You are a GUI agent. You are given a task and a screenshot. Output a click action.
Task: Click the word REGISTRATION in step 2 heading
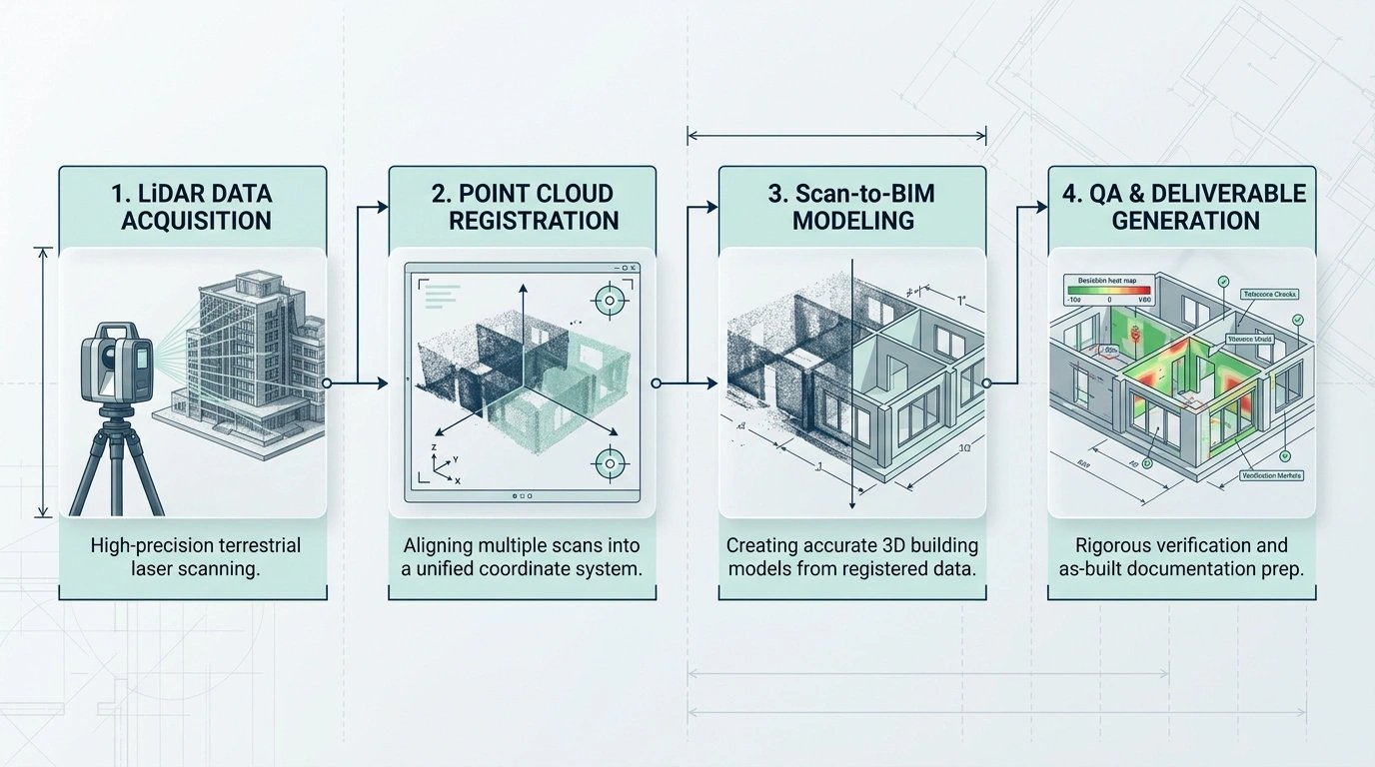click(x=534, y=221)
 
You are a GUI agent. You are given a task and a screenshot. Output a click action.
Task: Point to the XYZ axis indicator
click(x=440, y=464)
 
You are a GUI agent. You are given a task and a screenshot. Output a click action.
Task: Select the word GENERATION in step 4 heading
click(x=1187, y=221)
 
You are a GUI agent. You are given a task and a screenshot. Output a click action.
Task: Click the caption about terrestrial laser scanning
click(x=195, y=559)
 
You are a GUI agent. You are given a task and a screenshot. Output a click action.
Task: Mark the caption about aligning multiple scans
click(x=523, y=559)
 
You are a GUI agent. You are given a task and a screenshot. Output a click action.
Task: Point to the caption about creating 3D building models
click(x=852, y=559)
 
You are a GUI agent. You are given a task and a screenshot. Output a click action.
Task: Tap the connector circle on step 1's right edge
click(x=327, y=383)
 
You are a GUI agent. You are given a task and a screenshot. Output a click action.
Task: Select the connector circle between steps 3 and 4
click(x=986, y=383)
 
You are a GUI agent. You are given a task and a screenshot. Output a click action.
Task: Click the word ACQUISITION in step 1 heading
click(x=196, y=221)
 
